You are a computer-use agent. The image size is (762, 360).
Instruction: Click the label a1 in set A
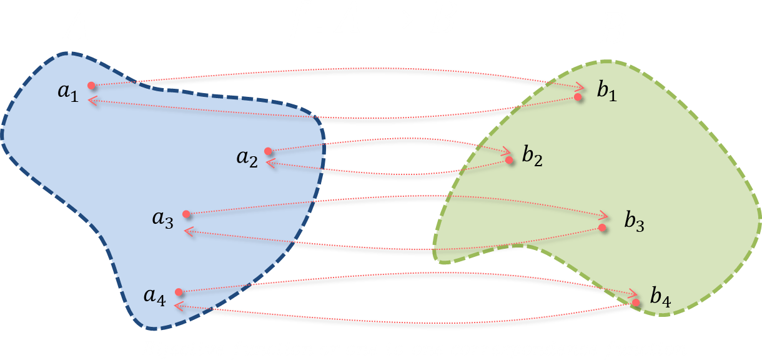(x=68, y=93)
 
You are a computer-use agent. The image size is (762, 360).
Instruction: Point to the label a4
(x=154, y=297)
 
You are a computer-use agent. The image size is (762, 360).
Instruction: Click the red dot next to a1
(x=91, y=86)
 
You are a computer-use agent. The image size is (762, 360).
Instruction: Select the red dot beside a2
(x=268, y=151)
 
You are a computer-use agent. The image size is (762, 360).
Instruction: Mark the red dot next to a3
(x=186, y=214)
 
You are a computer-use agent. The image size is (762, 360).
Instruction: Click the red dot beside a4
(x=179, y=292)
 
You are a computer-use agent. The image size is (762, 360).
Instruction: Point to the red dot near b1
(x=578, y=97)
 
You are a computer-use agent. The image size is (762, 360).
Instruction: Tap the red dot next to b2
(x=509, y=161)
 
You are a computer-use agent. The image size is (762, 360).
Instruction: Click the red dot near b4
(x=636, y=302)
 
